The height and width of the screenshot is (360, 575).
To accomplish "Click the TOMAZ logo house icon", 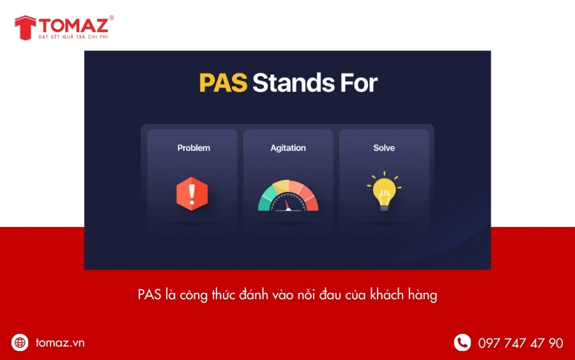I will pyautogui.click(x=25, y=27).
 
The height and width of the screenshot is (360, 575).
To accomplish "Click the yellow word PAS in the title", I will pyautogui.click(x=223, y=83).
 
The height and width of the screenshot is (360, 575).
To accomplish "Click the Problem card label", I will pyautogui.click(x=194, y=148).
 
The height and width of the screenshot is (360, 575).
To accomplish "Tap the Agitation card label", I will pyautogui.click(x=288, y=148).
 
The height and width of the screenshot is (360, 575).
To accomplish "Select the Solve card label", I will pyautogui.click(x=384, y=148).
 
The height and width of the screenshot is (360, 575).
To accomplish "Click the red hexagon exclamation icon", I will pyautogui.click(x=192, y=193).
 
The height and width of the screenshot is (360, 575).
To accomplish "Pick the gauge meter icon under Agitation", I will pyautogui.click(x=288, y=196).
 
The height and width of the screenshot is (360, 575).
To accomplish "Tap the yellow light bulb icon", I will pyautogui.click(x=384, y=191).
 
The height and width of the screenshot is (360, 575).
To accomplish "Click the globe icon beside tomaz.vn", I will pyautogui.click(x=20, y=343).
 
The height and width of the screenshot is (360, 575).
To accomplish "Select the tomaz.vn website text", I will pyautogui.click(x=60, y=343).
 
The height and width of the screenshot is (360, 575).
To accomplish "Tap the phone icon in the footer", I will pyautogui.click(x=462, y=343).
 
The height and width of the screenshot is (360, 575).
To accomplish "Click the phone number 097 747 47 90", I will pyautogui.click(x=521, y=343).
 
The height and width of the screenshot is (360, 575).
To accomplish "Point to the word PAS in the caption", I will pyautogui.click(x=149, y=295).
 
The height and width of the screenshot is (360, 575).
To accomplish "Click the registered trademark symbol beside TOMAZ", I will pyautogui.click(x=111, y=18).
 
